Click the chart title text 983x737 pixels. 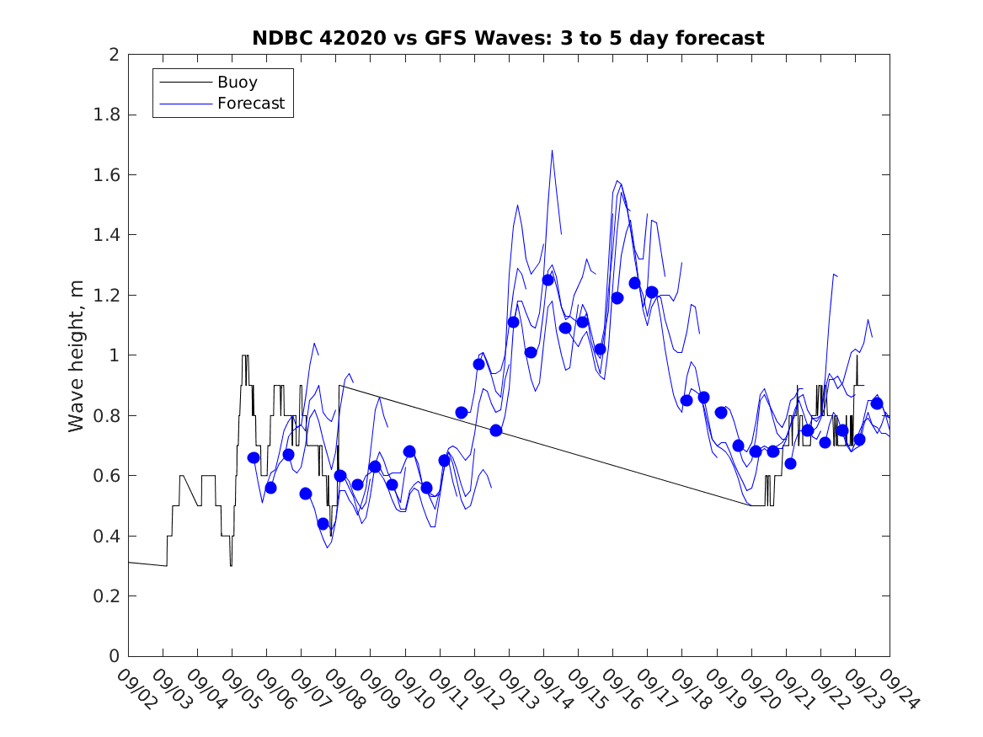coord(508,38)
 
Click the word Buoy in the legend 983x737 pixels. coord(237,83)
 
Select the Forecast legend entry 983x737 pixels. coord(250,104)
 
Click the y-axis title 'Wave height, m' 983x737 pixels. coord(77,355)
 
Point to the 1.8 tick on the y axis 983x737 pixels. coord(109,115)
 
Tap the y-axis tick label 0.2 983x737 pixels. coord(109,596)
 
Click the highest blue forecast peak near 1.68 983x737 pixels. coord(552,152)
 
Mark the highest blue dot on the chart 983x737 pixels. coord(548,280)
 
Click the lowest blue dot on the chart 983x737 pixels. coord(323,524)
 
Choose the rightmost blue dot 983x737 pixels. coord(877,403)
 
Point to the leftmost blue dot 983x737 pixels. coord(254,457)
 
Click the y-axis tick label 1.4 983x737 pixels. coord(109,235)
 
